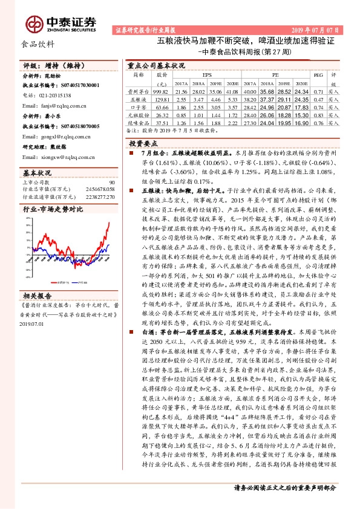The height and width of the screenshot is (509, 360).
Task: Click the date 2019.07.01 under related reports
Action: tap(33, 324)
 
